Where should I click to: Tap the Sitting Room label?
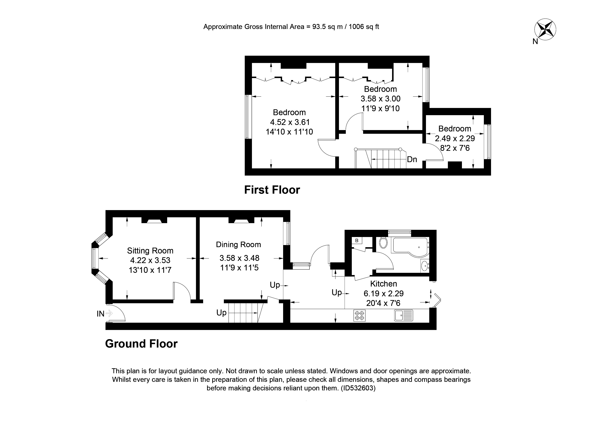pos(150,251)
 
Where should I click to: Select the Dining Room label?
pos(238,245)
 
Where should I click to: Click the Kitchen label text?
pos(383,284)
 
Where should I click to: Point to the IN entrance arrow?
pos(109,313)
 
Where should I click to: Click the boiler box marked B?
pos(357,240)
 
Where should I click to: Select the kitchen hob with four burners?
pos(359,315)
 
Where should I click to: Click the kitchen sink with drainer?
pos(403,315)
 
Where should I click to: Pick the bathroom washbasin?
pos(425,266)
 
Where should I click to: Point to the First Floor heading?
pos(272,190)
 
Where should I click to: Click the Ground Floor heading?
pos(141,344)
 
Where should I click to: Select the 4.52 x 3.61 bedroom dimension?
pos(290,122)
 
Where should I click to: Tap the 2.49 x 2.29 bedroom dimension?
pos(455,138)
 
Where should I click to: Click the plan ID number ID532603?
pos(358,388)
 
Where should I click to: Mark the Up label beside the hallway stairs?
pos(221,313)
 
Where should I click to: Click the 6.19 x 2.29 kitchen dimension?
pos(383,294)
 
